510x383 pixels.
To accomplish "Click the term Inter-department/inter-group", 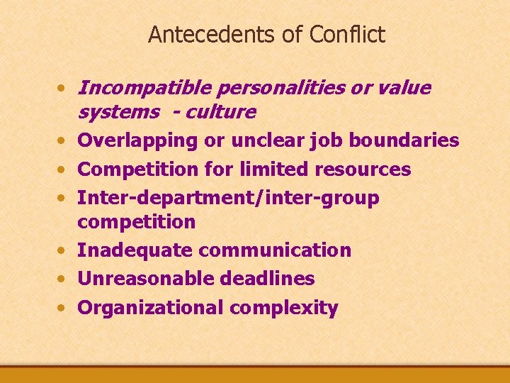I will [x=228, y=199].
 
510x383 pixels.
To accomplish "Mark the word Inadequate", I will [x=135, y=250].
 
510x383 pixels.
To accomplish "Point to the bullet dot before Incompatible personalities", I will [x=64, y=89].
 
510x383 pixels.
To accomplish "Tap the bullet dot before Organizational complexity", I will [x=64, y=309].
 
